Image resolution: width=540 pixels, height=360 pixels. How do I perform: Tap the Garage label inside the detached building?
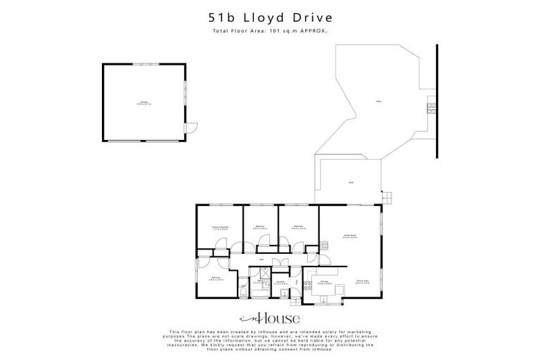pos(145,103)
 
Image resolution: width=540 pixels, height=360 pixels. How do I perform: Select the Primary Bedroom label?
pos(220,228)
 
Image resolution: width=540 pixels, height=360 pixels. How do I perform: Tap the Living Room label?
pos(349,236)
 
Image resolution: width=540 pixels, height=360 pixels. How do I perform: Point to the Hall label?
pos(262,259)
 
